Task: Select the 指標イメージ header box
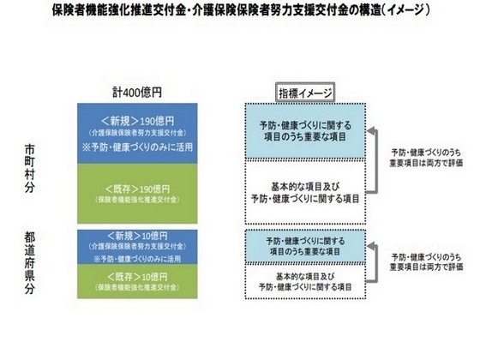pos(305,92)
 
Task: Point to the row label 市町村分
pos(31,167)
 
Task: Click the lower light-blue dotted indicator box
pos(304,247)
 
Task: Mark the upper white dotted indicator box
pos(304,190)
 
